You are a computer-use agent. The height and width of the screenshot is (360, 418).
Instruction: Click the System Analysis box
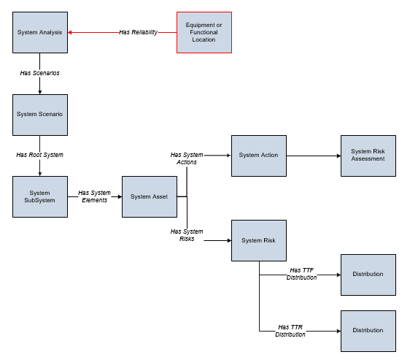coord(40,32)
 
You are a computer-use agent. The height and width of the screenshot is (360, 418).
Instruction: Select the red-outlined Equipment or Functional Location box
coord(204,32)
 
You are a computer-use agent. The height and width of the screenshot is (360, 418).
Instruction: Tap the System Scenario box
coord(40,115)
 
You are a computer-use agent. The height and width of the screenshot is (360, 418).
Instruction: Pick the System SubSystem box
coord(40,196)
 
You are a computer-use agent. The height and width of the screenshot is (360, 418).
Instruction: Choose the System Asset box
coord(150,196)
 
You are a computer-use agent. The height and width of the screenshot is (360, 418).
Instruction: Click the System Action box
coord(259,156)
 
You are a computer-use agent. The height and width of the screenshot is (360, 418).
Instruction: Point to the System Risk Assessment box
coord(368,156)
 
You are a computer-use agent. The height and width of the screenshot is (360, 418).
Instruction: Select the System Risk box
coord(259,240)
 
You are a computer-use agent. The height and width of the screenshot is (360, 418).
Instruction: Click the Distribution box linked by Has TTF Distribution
coord(368,275)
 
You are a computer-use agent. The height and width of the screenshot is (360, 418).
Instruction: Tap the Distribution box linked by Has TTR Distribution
coord(368,332)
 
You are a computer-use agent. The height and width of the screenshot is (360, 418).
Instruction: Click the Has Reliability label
coord(138,32)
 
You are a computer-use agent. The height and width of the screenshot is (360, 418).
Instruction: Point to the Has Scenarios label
coord(39,73)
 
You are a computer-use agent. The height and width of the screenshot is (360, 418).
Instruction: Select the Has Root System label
coord(39,155)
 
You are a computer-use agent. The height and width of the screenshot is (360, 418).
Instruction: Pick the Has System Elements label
coord(94,196)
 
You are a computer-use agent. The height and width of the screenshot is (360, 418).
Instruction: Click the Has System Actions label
coord(187,158)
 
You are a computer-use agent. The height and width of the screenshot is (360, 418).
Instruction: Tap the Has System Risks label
coord(187,235)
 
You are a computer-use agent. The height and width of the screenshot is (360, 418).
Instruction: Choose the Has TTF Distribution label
coord(301,274)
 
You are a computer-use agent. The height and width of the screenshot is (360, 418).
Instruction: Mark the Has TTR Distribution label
coord(290,331)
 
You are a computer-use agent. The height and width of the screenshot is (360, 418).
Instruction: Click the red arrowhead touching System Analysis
coord(70,33)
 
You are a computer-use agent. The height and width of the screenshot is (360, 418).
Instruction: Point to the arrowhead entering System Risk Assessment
coord(338,156)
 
